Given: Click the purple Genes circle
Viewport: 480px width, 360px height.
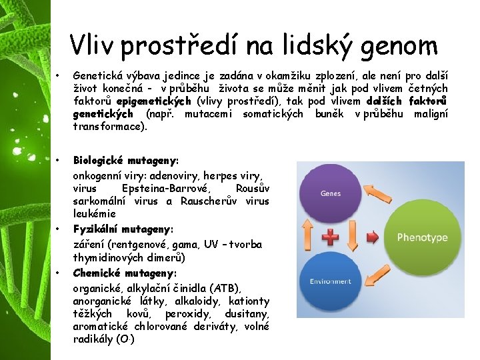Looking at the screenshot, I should (330, 195).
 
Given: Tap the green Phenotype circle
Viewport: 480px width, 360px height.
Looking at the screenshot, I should (422, 237).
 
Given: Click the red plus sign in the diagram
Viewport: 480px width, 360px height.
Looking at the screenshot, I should (330, 237).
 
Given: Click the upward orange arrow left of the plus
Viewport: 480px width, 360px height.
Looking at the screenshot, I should (307, 237).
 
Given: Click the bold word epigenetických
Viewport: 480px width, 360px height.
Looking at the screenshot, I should (154, 101).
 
